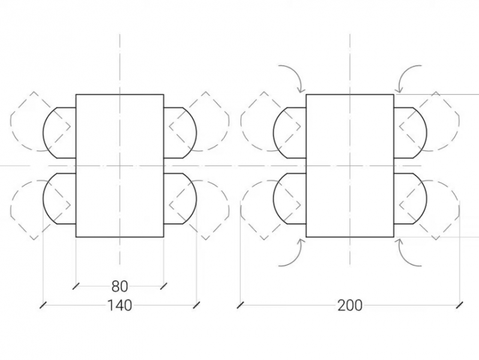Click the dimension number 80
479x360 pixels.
coord(120,286)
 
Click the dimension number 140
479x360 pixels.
coord(120,305)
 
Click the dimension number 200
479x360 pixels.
coord(350,305)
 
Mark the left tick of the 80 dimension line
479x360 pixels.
coord(76,286)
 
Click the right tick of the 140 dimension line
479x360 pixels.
coord(197,305)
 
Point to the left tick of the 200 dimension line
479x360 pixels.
coord(241,305)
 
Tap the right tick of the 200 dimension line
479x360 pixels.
coord(459,305)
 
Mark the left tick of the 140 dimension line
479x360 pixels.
coord(43,305)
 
